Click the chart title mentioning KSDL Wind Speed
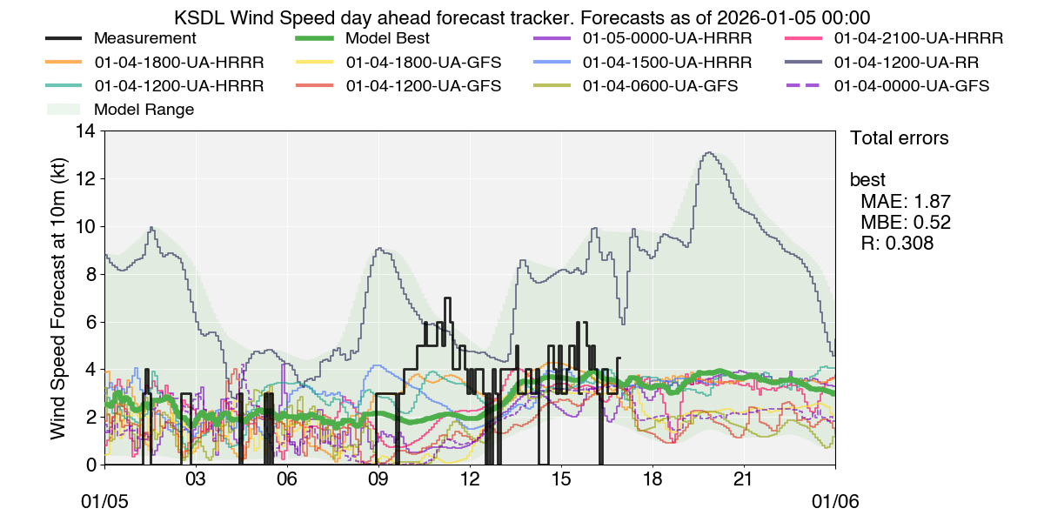[x=522, y=17]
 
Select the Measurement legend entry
[x=144, y=39]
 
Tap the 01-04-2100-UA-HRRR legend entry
[x=918, y=39]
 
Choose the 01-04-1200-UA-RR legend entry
[x=907, y=63]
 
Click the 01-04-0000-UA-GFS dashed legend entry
[x=911, y=86]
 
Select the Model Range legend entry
[x=144, y=110]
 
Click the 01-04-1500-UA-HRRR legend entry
[x=666, y=63]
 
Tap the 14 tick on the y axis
[x=85, y=131]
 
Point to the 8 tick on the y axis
[x=90, y=274]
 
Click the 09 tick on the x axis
[x=378, y=480]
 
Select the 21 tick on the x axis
[x=744, y=480]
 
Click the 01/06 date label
[x=835, y=503]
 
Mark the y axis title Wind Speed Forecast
[x=58, y=298]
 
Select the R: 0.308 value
[x=897, y=244]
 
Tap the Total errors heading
[x=899, y=138]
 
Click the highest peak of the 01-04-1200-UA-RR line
[x=708, y=153]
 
